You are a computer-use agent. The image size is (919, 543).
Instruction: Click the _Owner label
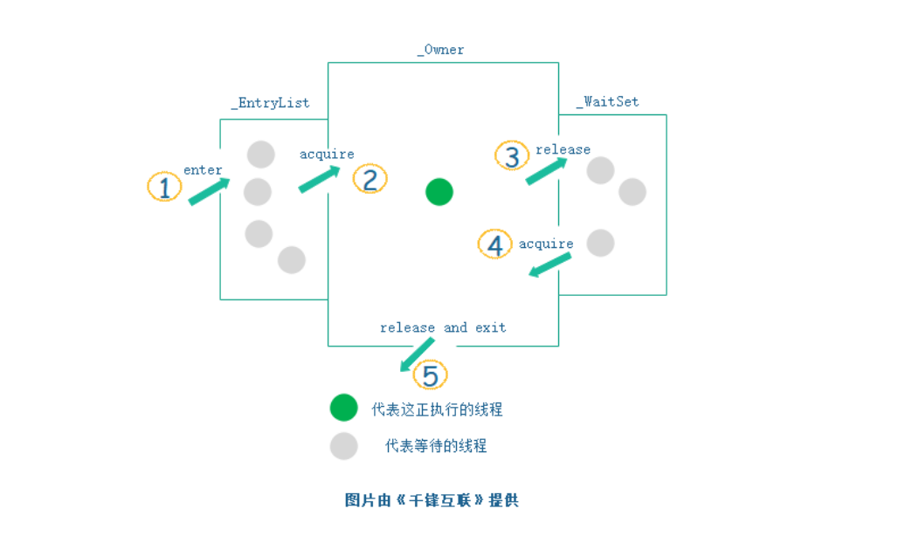440,50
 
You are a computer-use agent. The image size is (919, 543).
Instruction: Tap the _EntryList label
270,102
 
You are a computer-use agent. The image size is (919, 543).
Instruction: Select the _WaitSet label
607,102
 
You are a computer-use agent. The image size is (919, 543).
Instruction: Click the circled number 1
164,187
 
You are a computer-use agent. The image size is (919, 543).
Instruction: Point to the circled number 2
370,179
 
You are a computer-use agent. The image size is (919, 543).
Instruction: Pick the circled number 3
512,156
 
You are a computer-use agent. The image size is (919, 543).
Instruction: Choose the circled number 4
495,244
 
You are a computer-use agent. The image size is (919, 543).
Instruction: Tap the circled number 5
430,375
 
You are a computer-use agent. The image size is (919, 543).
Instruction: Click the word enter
203,170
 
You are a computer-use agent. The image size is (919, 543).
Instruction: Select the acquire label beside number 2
327,155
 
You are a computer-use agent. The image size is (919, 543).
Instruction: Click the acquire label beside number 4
546,244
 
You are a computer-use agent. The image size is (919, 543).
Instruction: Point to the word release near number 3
563,149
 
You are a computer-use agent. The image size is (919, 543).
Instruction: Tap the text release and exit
443,327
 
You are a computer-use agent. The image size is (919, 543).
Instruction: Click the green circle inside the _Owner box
439,192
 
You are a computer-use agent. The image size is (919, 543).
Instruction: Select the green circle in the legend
344,408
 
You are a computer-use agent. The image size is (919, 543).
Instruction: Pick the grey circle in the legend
344,445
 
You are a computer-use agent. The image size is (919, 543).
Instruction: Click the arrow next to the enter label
210,191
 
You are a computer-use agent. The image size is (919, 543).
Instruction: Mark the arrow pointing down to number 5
417,354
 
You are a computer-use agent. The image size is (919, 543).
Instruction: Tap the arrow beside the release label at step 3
546,171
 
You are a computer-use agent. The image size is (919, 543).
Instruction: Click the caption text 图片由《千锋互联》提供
432,500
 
